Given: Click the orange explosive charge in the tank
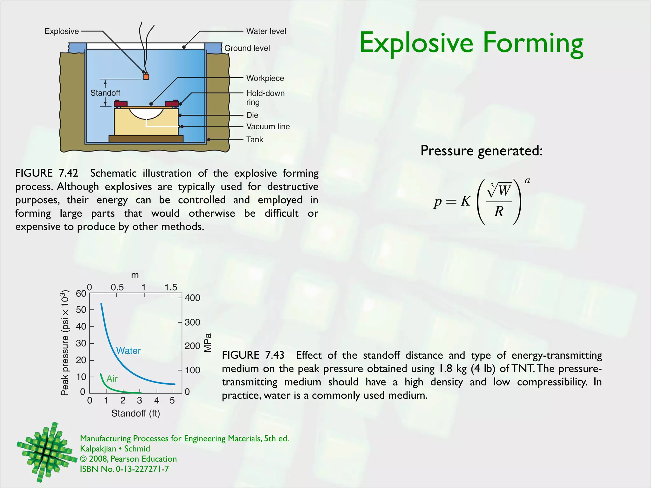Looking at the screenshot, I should point(146,77).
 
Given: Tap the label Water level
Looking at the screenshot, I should point(266,31).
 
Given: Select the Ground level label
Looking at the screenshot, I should point(247,48).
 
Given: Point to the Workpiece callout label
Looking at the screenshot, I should point(265,78).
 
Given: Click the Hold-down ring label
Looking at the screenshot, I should point(265,97).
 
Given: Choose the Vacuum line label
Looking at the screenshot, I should point(268,126).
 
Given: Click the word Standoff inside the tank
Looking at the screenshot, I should point(105,93).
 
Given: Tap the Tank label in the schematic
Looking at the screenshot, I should point(255,139).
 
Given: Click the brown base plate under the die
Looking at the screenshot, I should point(146,139).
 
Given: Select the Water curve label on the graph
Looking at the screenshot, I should point(128,351).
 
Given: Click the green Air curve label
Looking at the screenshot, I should point(112,379).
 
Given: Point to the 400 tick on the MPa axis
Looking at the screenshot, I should point(192,298).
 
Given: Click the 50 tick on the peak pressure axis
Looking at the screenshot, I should point(81,310).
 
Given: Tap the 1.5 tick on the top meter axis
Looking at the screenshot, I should point(171,287).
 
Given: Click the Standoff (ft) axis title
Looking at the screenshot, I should point(136,413).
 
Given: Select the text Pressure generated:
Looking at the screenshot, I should point(481,151).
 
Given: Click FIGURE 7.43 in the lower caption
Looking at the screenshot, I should point(253,355).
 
